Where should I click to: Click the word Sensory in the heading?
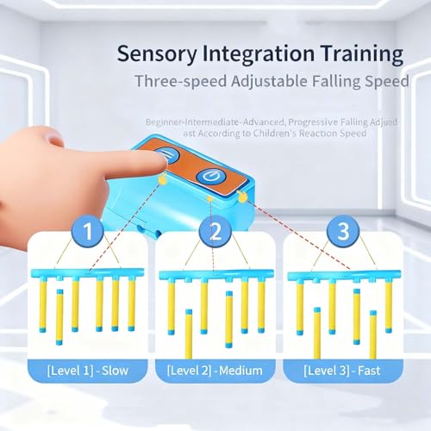click(x=157, y=54)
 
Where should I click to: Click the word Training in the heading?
click(x=362, y=54)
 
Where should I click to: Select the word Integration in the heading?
click(x=259, y=54)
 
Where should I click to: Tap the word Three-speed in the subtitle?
click(x=181, y=82)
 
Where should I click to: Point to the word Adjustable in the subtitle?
click(x=269, y=82)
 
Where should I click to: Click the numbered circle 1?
click(x=87, y=231)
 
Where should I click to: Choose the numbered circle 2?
click(x=215, y=231)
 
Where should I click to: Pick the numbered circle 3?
click(x=343, y=231)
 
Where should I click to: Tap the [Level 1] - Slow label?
click(x=88, y=371)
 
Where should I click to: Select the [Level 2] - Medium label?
click(x=215, y=371)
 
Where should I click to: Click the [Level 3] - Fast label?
click(x=342, y=371)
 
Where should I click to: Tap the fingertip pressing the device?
click(x=159, y=161)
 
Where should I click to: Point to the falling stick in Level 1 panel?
click(x=59, y=317)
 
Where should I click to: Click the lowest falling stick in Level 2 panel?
click(x=189, y=334)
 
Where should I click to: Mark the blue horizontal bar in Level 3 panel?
click(x=344, y=275)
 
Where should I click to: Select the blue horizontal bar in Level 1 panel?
click(x=88, y=272)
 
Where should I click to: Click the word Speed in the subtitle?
click(x=387, y=82)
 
